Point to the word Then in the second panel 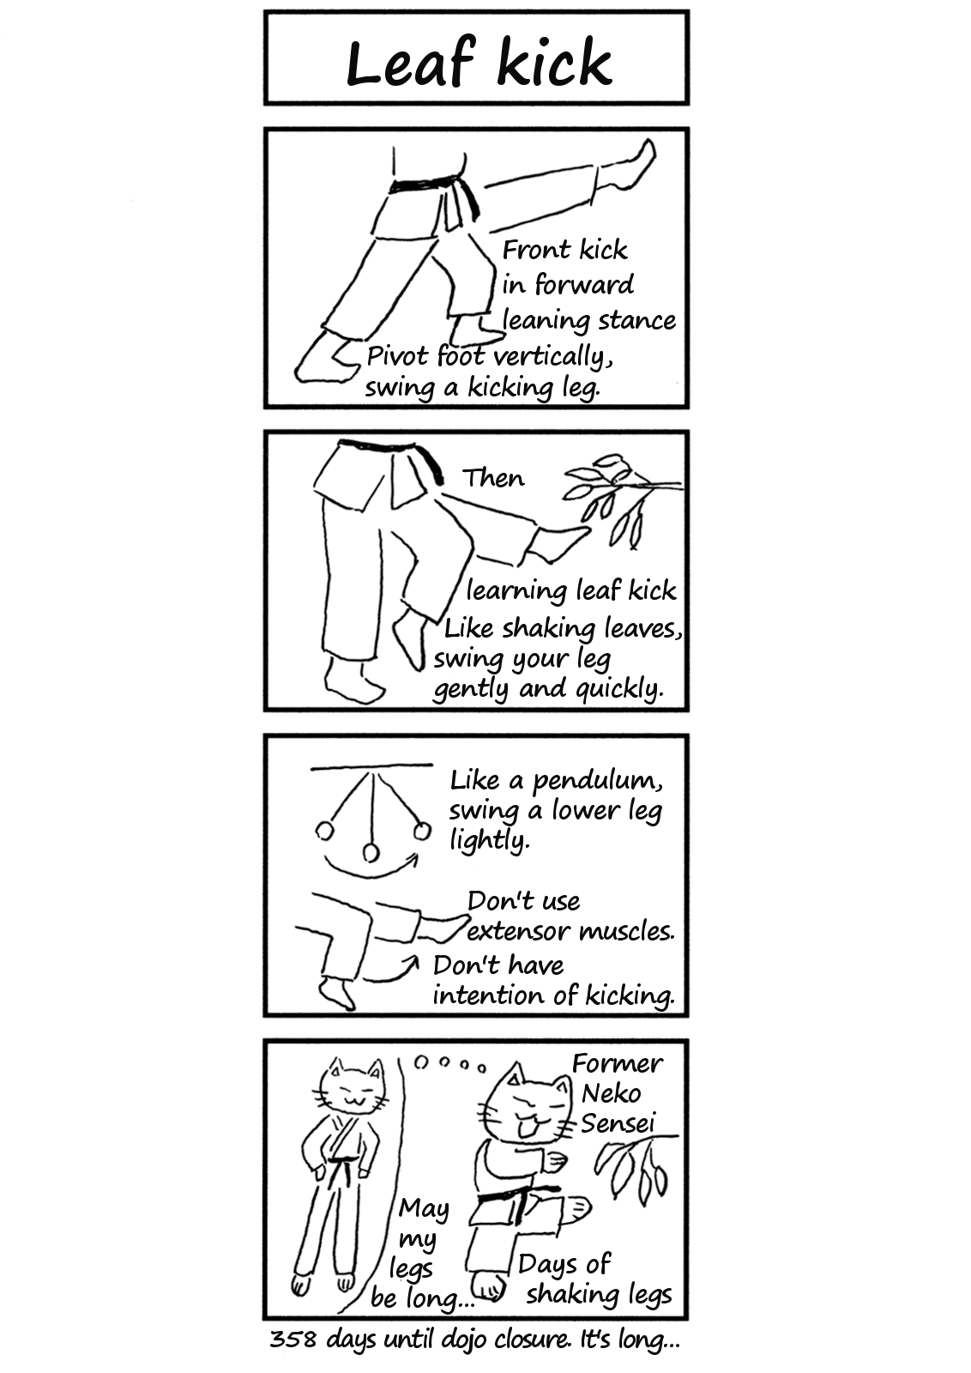pos(494,477)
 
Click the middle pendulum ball pos(371,853)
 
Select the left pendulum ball pos(325,832)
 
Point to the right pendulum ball pos(421,832)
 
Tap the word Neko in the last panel pos(612,1093)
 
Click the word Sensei pos(618,1123)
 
